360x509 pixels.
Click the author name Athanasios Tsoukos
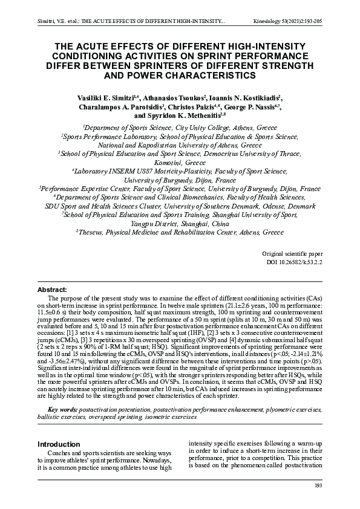[174, 97]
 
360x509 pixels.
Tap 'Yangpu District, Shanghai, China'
[180, 223]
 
